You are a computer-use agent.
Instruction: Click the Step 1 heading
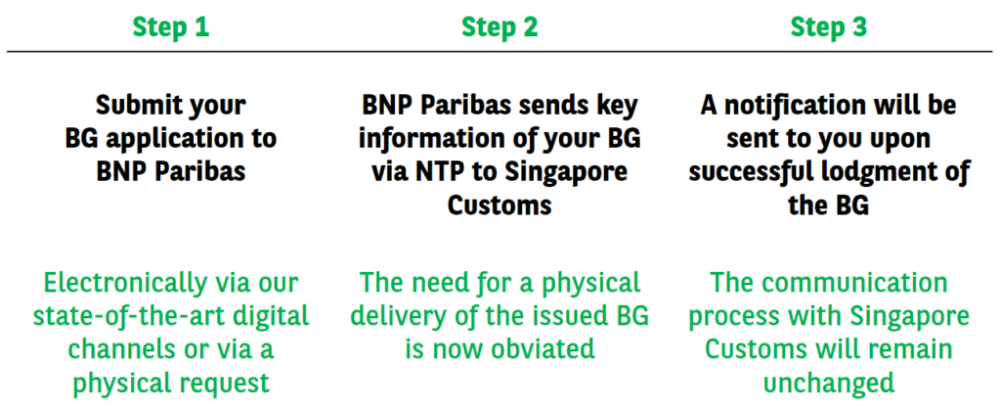170,26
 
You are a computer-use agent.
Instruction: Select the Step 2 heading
500,26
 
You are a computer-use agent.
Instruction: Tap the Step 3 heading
829,26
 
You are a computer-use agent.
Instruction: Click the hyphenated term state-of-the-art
125,316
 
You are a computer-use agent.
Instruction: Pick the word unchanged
829,383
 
